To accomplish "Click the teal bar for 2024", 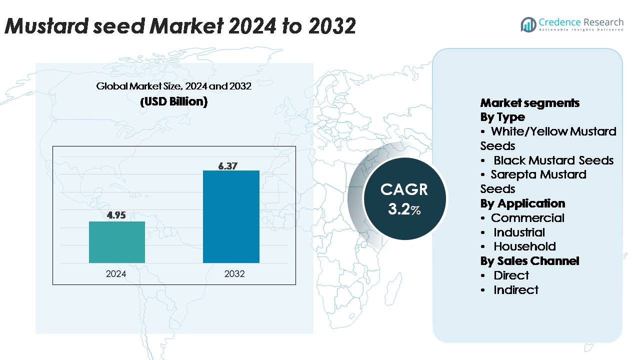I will (117, 242).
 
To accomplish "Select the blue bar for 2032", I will (231, 216).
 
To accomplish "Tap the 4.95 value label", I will (116, 215).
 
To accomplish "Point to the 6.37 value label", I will (228, 166).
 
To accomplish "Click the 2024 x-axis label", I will (116, 274).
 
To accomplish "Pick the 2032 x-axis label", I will (234, 274).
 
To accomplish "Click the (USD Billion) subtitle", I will (173, 101).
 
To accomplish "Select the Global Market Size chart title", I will (173, 86).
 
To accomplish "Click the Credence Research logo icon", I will (528, 24).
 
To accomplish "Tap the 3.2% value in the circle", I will (404, 209).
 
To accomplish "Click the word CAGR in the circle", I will (404, 189).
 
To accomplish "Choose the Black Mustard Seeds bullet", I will (553, 160).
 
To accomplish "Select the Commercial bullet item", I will (527, 218).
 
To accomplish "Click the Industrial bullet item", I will (519, 232).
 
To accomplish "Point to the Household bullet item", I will (524, 246).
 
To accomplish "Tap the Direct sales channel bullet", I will (511, 275).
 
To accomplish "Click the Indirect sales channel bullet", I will (515, 290).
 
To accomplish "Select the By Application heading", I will (522, 203).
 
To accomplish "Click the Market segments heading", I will (529, 103).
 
